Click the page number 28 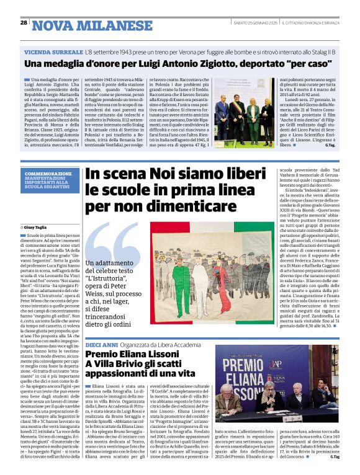tap(24, 23)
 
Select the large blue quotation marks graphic tap(115, 247)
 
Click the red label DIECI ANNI tap(101, 344)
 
